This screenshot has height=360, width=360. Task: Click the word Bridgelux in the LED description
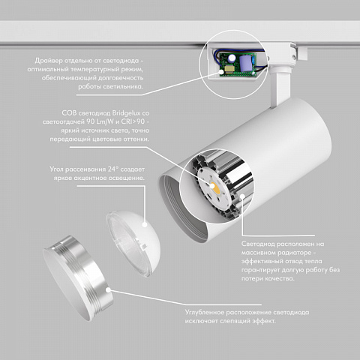pos(126,113)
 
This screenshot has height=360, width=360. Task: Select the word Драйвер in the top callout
pos(49,61)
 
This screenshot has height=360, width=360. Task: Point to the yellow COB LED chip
pos(215,188)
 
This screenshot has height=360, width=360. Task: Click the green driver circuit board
pos(238,64)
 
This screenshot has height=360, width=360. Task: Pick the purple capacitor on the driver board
pos(246,63)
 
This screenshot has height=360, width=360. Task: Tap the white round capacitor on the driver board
pos(232,58)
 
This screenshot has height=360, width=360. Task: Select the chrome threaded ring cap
pos(78,278)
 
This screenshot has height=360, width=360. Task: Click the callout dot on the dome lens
pos(145,224)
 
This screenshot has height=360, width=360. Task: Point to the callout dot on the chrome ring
pos(109,290)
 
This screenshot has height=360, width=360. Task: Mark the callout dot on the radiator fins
pos(241,196)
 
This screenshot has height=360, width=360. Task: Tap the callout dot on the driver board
pos(221,72)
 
